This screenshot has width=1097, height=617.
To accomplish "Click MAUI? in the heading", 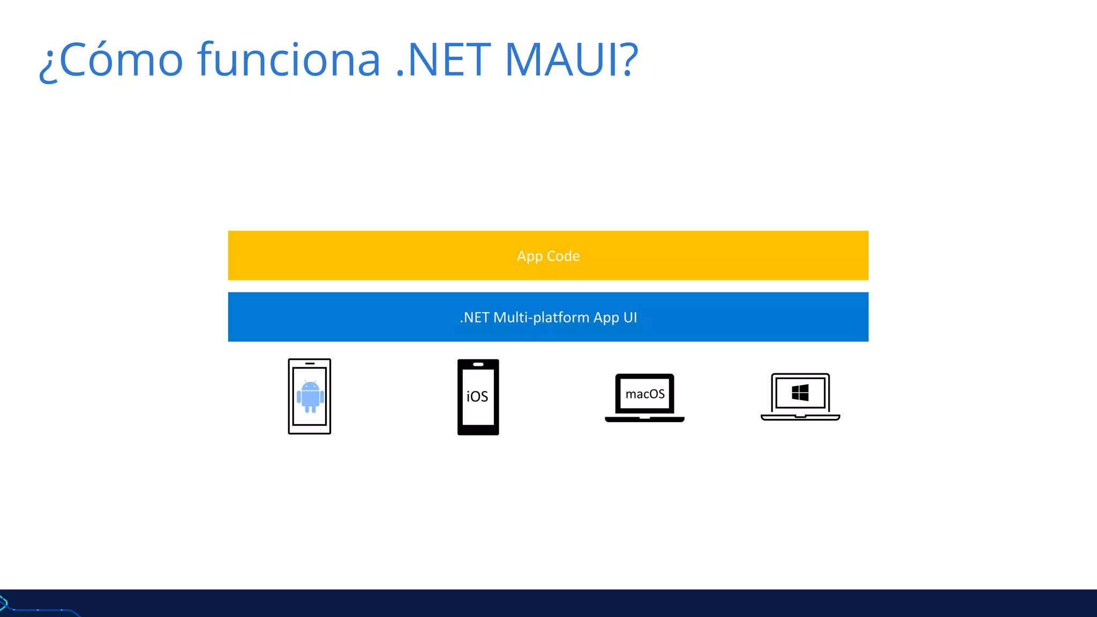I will (571, 60).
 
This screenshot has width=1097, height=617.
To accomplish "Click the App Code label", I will (548, 256).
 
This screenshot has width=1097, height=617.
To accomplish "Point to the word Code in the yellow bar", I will (563, 256).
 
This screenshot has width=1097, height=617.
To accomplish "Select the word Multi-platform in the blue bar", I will (541, 318).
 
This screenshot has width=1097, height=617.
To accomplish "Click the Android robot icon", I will (310, 397).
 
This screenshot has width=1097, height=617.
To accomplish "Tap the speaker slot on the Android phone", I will (310, 364).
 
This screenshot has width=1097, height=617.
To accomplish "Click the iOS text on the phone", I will (477, 397).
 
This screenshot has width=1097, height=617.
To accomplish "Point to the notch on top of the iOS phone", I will (478, 364).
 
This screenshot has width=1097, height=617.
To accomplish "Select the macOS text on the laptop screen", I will (645, 394).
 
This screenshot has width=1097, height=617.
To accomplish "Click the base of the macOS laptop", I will (644, 419).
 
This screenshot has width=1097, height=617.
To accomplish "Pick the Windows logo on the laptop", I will (800, 393).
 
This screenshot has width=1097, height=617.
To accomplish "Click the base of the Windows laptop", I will (800, 417).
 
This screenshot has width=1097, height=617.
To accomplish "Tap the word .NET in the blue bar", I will (475, 318).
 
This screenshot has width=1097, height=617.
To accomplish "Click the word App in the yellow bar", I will (530, 257).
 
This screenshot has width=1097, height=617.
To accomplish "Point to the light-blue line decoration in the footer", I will (43, 610).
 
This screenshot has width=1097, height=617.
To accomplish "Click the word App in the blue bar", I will (606, 318).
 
